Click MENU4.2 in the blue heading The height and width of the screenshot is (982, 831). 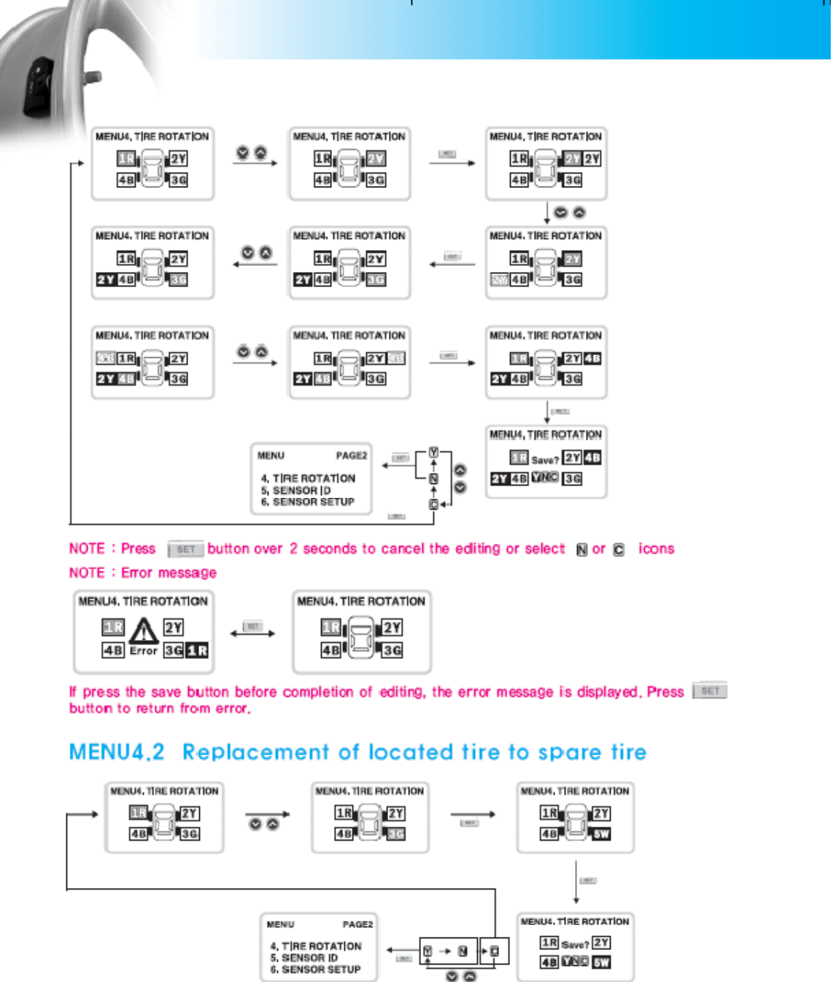[x=117, y=752]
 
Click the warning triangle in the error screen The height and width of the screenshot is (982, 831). [x=144, y=630]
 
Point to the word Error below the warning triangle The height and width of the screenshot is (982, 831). [x=144, y=650]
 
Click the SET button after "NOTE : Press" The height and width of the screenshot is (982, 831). [x=185, y=549]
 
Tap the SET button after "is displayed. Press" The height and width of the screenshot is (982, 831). [x=710, y=690]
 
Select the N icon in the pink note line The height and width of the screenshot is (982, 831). [x=581, y=550]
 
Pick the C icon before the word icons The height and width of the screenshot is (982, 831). [x=619, y=550]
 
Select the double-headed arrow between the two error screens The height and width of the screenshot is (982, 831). [x=252, y=633]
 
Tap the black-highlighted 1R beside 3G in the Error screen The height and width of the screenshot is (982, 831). [x=197, y=650]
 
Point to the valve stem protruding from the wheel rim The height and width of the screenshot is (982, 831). [x=93, y=76]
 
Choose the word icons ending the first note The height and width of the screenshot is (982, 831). [x=656, y=548]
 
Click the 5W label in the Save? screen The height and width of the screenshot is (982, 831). [x=601, y=962]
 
